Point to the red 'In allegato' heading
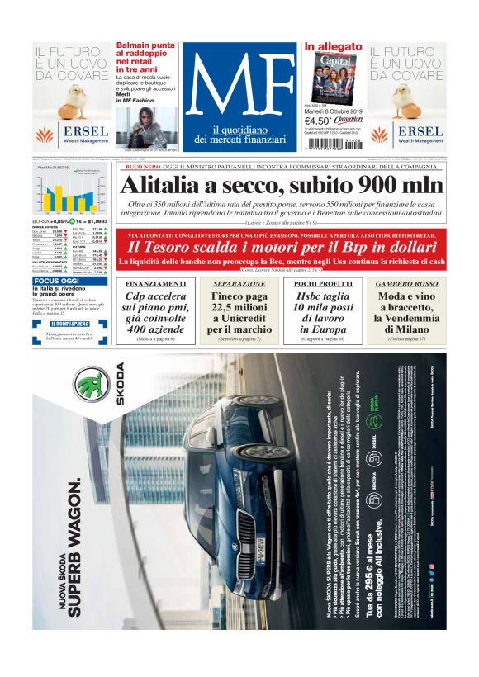(332, 47)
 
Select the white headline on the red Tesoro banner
(281, 247)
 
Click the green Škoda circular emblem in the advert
(93, 386)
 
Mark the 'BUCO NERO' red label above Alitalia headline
(142, 167)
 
